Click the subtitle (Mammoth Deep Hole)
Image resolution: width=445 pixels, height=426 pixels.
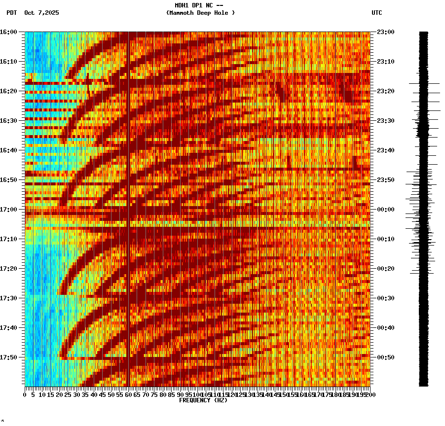(x=200, y=13)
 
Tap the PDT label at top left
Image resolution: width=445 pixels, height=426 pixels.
(x=11, y=13)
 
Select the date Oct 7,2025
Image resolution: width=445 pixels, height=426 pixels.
(x=41, y=13)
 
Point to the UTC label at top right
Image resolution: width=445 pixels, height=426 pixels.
(x=376, y=13)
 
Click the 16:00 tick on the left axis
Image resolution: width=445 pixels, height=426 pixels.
(x=8, y=32)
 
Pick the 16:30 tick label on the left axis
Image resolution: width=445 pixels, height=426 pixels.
(x=8, y=120)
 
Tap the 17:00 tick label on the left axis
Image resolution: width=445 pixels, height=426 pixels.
(x=8, y=209)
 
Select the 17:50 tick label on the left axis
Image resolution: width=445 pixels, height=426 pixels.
(x=8, y=357)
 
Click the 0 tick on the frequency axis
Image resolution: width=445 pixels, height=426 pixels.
(x=25, y=394)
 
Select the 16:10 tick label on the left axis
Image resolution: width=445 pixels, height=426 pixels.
(x=8, y=61)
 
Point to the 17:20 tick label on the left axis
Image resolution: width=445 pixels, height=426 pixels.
(x=8, y=268)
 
